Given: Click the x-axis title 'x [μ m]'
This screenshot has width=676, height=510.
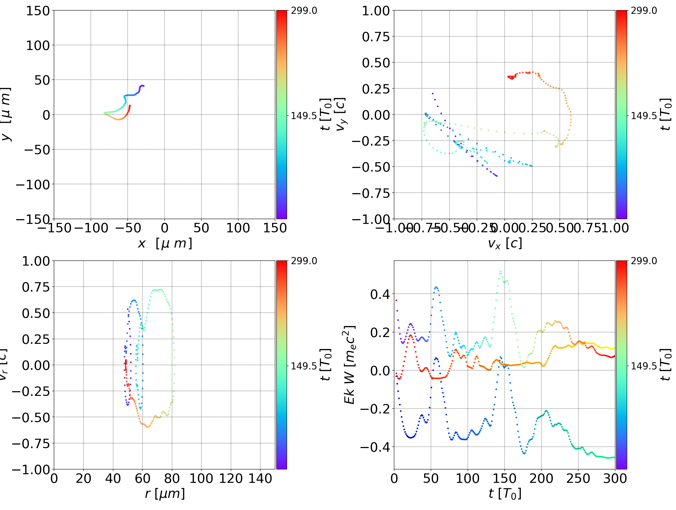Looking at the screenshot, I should tap(165, 244).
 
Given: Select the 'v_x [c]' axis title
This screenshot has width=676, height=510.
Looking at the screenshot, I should tap(505, 244).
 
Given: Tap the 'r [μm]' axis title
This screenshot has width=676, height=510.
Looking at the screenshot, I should tap(165, 494).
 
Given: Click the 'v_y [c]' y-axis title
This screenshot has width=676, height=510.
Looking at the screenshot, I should tap(341, 114).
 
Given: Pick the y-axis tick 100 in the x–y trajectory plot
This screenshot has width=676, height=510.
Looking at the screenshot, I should tap(38, 45).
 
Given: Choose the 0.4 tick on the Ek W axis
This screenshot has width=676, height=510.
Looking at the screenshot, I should tap(380, 294).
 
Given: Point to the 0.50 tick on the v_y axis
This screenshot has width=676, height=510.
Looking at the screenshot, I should tap(376, 63).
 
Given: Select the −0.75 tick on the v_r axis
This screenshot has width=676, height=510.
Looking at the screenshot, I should tap(31, 443).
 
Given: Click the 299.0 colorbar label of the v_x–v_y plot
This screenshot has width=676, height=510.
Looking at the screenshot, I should tap(644, 11).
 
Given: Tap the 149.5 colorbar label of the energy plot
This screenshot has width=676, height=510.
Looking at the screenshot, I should tap(644, 366).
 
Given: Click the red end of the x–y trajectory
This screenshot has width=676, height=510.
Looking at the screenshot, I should tap(130, 106).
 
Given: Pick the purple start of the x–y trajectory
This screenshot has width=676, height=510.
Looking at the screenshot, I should tap(143, 86).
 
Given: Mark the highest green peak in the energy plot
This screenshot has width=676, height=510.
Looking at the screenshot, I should tap(500, 271).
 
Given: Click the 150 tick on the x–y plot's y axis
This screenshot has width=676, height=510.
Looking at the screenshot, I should tap(38, 11).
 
